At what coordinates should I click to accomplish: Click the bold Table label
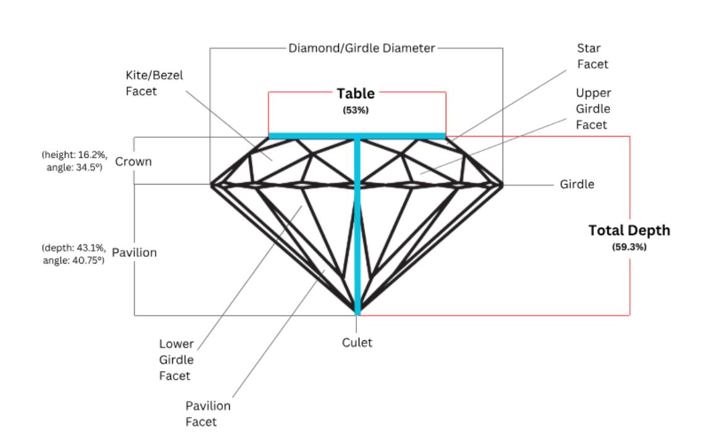coord(356,94)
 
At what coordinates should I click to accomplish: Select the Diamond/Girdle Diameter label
coord(362,48)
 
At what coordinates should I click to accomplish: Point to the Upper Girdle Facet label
coord(593,109)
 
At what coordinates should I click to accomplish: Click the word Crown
coord(133,162)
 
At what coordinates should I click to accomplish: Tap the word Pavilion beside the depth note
coord(135,253)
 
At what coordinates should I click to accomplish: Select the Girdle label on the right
coord(577,184)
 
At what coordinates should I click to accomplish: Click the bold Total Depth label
coord(629,230)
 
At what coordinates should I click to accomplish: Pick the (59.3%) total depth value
coord(629,246)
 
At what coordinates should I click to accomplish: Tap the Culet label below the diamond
coord(357,342)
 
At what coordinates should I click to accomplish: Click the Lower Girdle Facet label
coord(177,360)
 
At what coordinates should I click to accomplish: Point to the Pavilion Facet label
coord(208,414)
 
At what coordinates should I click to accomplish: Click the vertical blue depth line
coord(357,235)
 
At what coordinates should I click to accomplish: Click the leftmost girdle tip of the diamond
coord(212,184)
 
